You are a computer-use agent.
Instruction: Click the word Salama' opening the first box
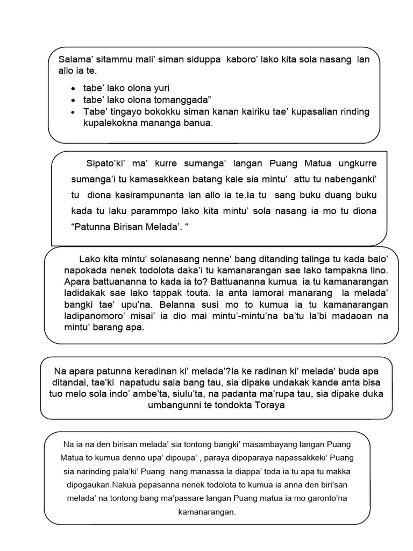click(x=75, y=60)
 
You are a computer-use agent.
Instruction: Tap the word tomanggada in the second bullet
click(x=180, y=100)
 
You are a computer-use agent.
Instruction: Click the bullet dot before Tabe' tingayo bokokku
click(x=73, y=112)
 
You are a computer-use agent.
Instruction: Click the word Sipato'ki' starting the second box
click(x=108, y=163)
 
